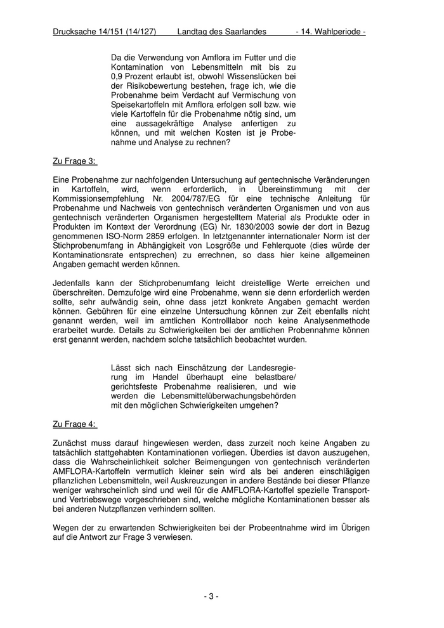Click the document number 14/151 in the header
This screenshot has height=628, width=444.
[x=107, y=31]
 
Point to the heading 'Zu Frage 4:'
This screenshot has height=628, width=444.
[x=75, y=423]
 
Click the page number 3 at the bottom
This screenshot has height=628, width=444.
[x=211, y=596]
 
